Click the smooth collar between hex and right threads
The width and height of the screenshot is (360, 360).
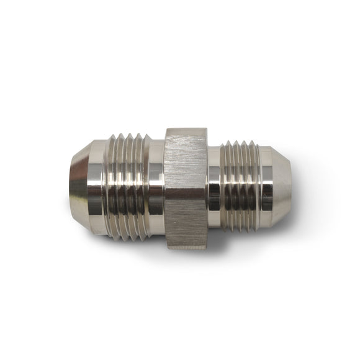[214, 187]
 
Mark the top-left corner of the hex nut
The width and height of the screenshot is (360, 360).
[166, 130]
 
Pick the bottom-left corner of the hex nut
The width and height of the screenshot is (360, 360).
[166, 245]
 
